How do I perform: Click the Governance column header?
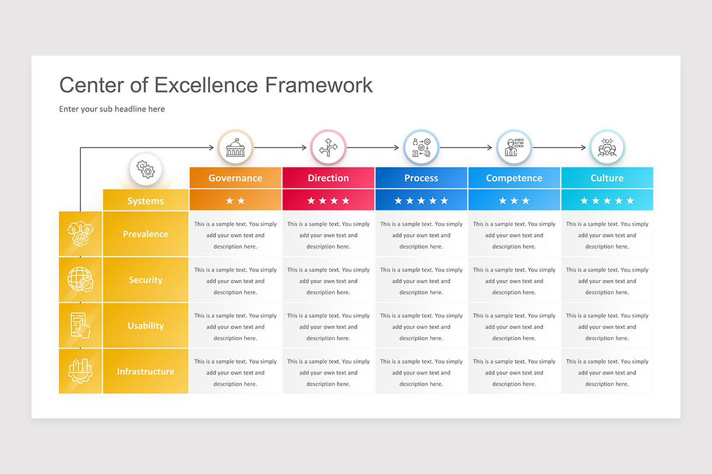point(235,178)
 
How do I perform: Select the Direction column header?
point(328,178)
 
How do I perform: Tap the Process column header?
point(421,178)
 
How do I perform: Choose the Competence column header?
point(514,178)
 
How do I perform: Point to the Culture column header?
point(607,178)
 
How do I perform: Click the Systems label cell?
point(145,201)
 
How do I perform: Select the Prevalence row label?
point(145,234)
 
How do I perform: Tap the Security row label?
point(145,280)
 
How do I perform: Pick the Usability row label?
point(145,325)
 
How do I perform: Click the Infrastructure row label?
point(145,371)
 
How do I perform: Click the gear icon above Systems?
point(145,170)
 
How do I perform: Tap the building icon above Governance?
point(236,148)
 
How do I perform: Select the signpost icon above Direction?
point(328,148)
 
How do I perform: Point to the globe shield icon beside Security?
point(80,280)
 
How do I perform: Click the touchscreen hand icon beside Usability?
point(80,325)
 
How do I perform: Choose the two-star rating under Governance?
point(235,201)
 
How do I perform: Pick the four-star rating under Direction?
point(328,201)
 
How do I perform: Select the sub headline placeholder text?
point(112,109)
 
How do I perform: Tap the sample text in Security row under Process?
point(421,281)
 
